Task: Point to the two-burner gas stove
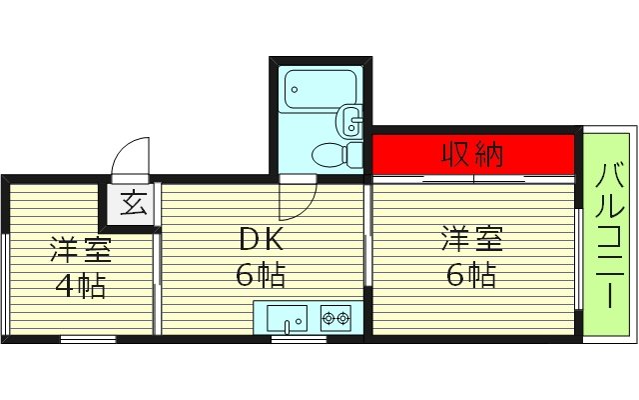tap(335, 319)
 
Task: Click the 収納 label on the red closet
tap(473, 155)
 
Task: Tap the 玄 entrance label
tap(133, 204)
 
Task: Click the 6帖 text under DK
tap(262, 273)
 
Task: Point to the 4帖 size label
tap(80, 287)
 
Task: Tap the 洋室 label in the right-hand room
tap(472, 240)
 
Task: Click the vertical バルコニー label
tap(608, 237)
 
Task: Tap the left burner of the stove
tap(327, 319)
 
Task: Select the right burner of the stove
tap(343, 319)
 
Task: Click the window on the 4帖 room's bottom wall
tap(87, 339)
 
